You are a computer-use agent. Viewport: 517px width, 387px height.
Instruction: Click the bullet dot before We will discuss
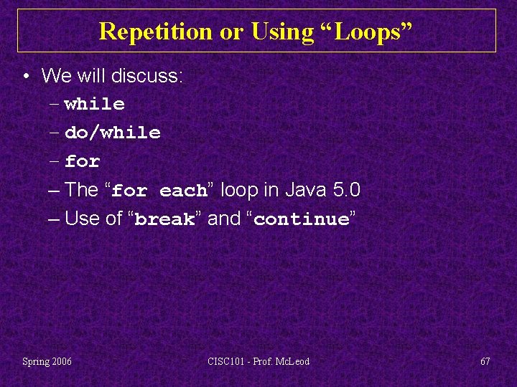tap(25, 76)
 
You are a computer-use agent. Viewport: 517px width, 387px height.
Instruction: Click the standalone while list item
tap(94, 105)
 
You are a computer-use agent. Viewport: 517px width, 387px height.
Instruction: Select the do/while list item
tap(112, 133)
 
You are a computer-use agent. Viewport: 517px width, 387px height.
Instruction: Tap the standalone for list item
tap(82, 162)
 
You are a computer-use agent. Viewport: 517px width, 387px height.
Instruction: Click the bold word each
tap(183, 191)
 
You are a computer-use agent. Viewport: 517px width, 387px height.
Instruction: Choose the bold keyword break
tap(164, 220)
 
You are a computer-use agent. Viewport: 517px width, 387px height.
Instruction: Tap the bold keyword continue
tap(301, 220)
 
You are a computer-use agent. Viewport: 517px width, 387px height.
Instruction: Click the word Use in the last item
tap(82, 219)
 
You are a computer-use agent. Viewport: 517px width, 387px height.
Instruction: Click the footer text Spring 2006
tap(47, 361)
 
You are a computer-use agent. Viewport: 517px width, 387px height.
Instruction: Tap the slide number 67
tap(485, 361)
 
